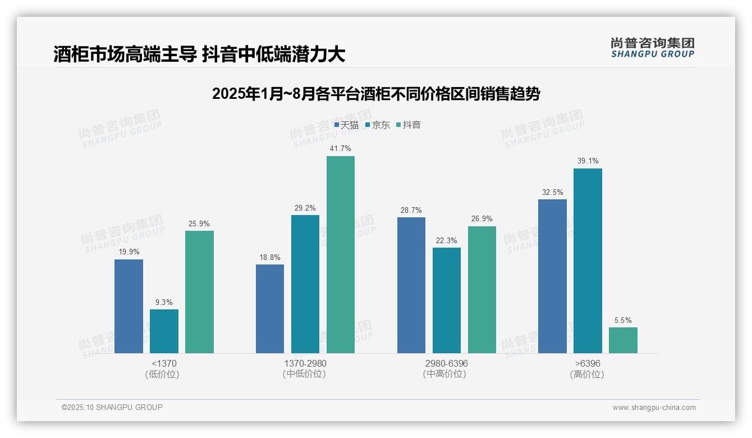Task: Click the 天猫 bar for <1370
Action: pos(129,306)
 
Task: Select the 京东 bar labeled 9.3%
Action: pos(164,331)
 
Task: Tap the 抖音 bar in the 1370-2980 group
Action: pos(341,254)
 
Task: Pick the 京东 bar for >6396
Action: pos(588,261)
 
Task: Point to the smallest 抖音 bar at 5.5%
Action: pos(623,340)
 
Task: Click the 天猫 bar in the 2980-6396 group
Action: pos(411,285)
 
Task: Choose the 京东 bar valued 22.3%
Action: pos(447,300)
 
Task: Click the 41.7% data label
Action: pos(341,149)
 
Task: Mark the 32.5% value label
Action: pos(552,192)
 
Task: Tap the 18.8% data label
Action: pos(270,257)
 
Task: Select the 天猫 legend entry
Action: pos(346,125)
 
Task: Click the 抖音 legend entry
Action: pos(409,125)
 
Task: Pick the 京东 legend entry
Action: pos(377,125)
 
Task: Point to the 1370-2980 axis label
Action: pos(305,363)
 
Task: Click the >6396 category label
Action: pos(588,363)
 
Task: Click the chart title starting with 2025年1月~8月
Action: pos(376,94)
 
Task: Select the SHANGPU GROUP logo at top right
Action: pos(653,48)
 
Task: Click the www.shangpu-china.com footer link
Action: pos(654,408)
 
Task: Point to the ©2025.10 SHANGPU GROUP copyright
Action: pos(112,407)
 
